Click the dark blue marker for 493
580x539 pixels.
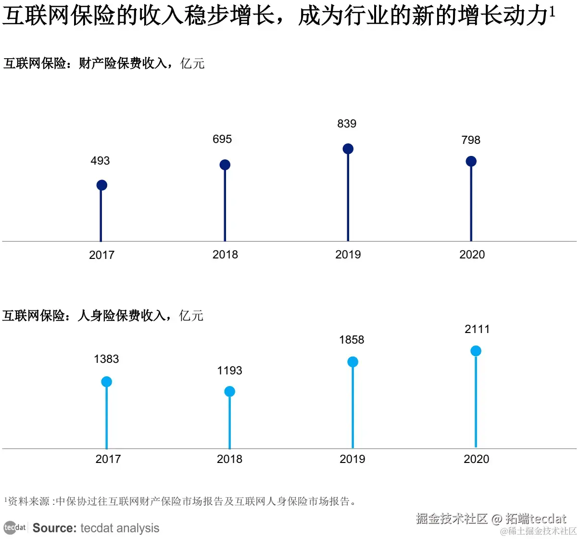point(101,185)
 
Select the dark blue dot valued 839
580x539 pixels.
point(348,149)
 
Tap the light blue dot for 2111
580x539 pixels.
point(476,351)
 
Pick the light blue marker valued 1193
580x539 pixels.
point(230,391)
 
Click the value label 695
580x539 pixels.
point(222,139)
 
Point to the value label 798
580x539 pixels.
point(471,140)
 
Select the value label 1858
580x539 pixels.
point(352,340)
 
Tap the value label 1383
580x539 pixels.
point(106,359)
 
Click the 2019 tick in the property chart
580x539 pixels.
point(348,255)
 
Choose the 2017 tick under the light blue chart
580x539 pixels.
point(108,459)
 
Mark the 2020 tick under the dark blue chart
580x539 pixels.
point(472,255)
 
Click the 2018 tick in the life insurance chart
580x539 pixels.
point(229,459)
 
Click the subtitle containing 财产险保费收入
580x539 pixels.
point(104,64)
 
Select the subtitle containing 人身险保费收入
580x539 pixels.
point(103,316)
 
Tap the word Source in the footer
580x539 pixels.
point(54,528)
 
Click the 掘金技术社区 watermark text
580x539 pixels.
point(452,518)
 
